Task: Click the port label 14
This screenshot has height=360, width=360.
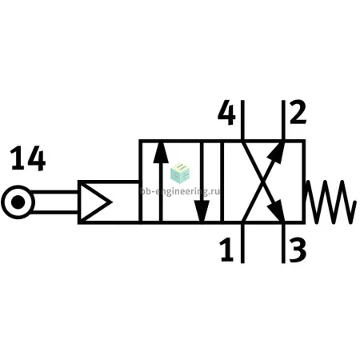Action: click(28, 158)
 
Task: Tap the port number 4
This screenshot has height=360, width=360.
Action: click(226, 112)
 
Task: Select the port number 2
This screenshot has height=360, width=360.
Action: click(298, 112)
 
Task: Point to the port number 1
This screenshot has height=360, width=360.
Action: click(227, 250)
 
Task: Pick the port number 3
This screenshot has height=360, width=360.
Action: click(298, 250)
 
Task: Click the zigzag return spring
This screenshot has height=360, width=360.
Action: click(330, 202)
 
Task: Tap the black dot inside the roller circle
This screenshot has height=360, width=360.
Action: click(18, 202)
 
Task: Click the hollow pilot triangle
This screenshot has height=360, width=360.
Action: click(93, 202)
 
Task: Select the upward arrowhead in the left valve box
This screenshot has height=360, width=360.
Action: click(161, 153)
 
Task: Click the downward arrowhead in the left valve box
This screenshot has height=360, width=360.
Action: click(202, 211)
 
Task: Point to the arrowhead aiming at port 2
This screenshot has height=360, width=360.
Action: click(278, 153)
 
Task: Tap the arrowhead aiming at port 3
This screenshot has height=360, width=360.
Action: click(277, 210)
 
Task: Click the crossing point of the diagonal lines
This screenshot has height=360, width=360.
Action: click(263, 182)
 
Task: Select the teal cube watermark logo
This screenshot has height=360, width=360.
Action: click(180, 174)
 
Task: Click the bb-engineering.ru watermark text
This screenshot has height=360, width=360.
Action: click(180, 191)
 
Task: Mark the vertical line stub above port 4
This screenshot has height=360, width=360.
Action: click(242, 120)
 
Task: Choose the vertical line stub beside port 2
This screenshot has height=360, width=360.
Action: click(283, 120)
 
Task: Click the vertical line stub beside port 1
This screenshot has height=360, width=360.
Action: click(242, 243)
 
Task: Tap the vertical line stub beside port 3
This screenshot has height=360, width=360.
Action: click(283, 243)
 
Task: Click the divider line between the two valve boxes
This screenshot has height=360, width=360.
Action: click(222, 182)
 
